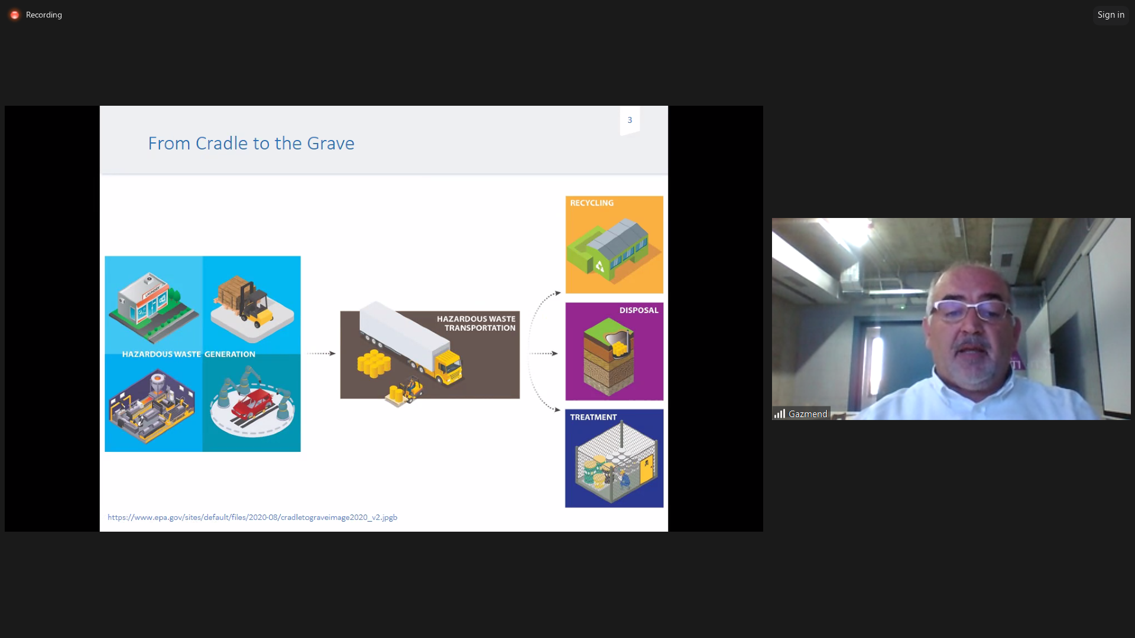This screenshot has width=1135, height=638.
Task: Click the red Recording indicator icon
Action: pyautogui.click(x=15, y=15)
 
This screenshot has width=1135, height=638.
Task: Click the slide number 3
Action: pyautogui.click(x=630, y=120)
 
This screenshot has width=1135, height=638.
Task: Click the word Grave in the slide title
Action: pyautogui.click(x=330, y=144)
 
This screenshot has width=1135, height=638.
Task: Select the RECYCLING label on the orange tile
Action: pyautogui.click(x=592, y=203)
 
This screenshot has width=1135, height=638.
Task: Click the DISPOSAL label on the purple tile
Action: pyautogui.click(x=638, y=310)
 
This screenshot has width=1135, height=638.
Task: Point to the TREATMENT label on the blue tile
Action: pyautogui.click(x=594, y=417)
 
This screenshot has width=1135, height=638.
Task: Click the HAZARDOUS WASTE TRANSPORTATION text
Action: pyautogui.click(x=476, y=323)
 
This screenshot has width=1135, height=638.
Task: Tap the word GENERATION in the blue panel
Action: pyautogui.click(x=230, y=354)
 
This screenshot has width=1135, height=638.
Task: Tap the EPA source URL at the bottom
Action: pyautogui.click(x=252, y=517)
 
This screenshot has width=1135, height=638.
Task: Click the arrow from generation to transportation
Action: pyautogui.click(x=321, y=353)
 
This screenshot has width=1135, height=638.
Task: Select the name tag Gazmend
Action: pyautogui.click(x=808, y=414)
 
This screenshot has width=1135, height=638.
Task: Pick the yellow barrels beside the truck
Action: pyautogui.click(x=374, y=363)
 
